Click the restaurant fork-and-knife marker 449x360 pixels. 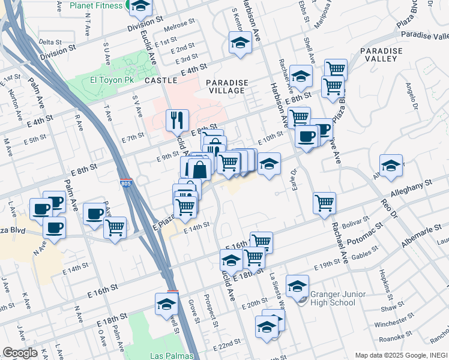[177, 119]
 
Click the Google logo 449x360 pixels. [20, 353]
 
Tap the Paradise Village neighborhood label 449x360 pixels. [225, 86]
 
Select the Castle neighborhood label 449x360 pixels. [161, 80]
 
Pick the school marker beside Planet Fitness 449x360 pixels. [140, 7]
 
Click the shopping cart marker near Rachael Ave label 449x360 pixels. [324, 202]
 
